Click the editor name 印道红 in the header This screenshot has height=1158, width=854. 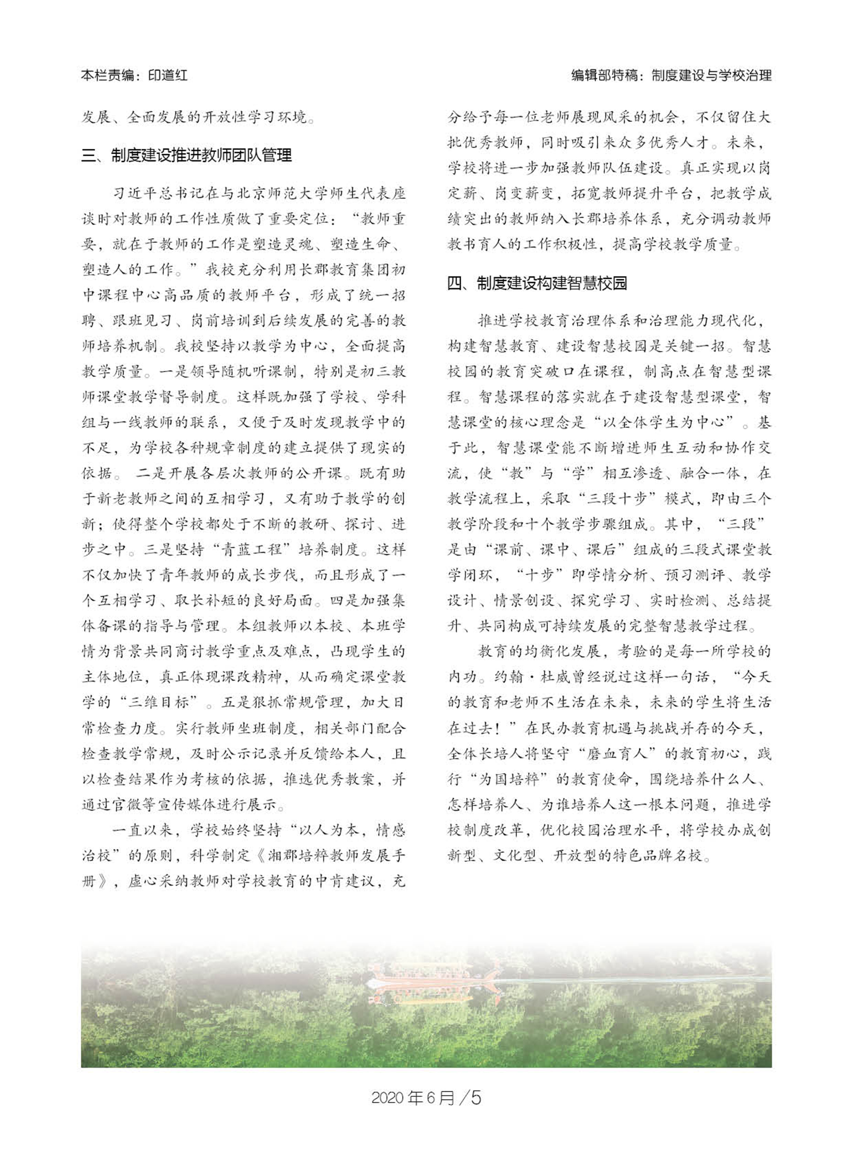[167, 76]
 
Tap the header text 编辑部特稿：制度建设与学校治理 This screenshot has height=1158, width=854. [671, 76]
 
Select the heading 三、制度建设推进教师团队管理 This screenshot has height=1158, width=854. [187, 155]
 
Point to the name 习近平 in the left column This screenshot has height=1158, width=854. [135, 194]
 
